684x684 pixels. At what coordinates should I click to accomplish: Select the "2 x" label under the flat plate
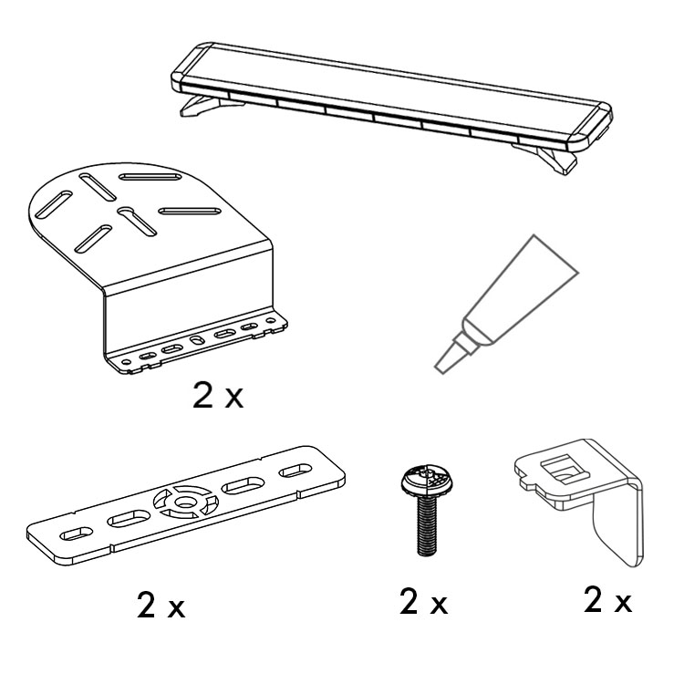point(161,606)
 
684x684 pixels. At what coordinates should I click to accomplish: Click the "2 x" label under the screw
point(423,603)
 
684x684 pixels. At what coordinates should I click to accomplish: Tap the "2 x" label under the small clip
point(608,600)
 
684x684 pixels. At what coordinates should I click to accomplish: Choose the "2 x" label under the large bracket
point(218,396)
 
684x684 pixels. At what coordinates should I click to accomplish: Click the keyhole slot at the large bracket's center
point(137,222)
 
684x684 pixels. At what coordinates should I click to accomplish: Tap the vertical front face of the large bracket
point(188,306)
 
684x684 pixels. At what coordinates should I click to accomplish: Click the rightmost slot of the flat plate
point(295,471)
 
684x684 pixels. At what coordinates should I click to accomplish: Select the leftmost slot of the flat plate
point(76,534)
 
